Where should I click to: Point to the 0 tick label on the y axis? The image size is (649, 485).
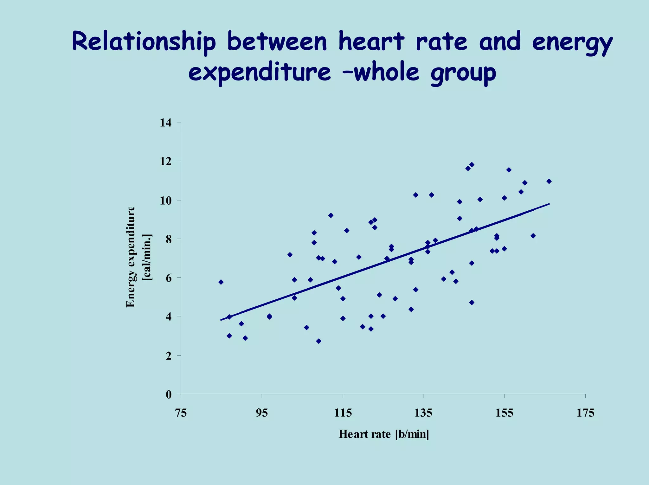[x=169, y=395]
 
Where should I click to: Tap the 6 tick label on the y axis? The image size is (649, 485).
[x=169, y=278]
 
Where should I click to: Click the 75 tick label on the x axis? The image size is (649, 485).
[x=181, y=413]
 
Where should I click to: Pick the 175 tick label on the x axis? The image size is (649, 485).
[x=585, y=413]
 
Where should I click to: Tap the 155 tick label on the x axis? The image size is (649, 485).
[x=504, y=413]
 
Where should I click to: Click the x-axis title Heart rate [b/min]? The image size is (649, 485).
[x=384, y=434]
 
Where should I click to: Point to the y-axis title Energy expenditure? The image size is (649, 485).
[x=131, y=257]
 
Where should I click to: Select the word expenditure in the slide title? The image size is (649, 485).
[x=260, y=73]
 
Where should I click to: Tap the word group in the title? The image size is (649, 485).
[x=463, y=73]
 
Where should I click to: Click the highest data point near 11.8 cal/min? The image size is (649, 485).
[x=472, y=165]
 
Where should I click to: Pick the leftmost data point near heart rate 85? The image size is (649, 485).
[x=221, y=282]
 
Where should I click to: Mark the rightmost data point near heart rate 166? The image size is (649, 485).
[x=549, y=181]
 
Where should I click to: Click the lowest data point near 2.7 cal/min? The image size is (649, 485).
[x=319, y=341]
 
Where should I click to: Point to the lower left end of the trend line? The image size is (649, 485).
[x=221, y=320]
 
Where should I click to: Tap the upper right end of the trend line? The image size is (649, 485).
[x=549, y=204]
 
